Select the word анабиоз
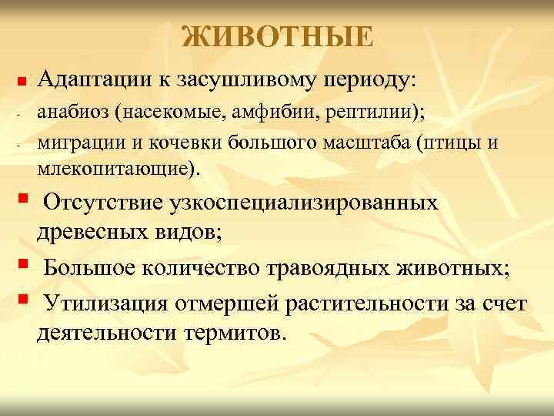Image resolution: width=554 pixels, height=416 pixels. pyautogui.click(x=73, y=112)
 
